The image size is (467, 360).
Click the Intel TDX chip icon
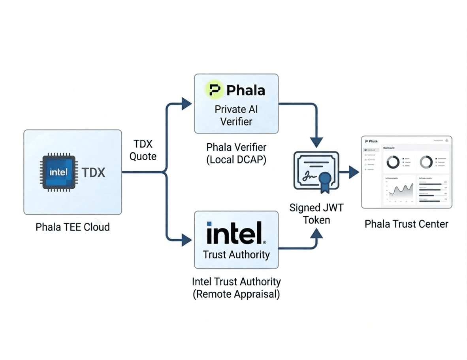(58, 172)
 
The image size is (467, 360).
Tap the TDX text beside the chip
(94, 172)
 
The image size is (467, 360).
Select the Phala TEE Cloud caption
(73, 227)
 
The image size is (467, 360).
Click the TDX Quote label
(143, 150)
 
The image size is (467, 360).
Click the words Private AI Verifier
(236, 115)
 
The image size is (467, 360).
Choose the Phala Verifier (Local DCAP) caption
(236, 154)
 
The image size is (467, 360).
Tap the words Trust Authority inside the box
(236, 254)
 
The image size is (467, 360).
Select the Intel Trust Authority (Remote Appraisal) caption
(236, 288)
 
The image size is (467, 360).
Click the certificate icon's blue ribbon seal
(325, 180)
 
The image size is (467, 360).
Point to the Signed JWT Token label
(316, 213)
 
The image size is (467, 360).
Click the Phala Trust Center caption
(407, 224)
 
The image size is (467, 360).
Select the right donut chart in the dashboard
(426, 162)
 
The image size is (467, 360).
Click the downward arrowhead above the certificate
(316, 142)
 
